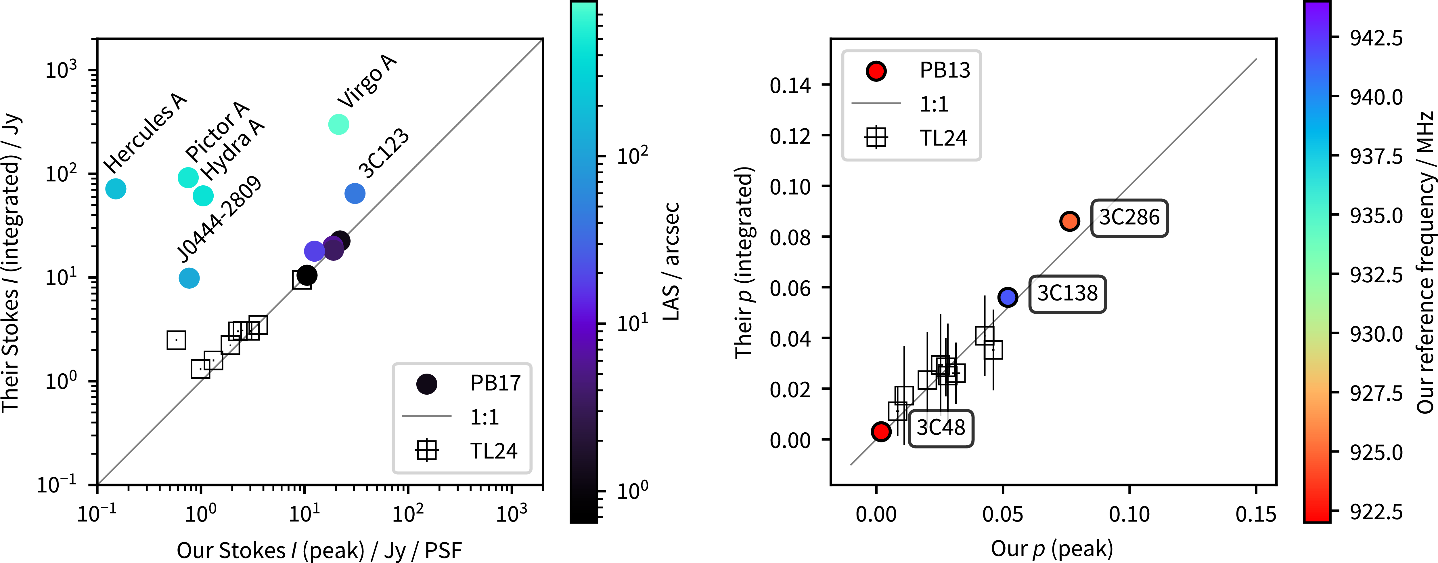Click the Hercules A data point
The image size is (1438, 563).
tap(116, 189)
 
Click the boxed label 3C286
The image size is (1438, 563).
tap(1129, 218)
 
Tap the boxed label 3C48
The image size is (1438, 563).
tap(941, 428)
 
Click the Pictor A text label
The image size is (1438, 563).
tap(217, 131)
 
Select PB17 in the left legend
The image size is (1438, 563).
tap(495, 383)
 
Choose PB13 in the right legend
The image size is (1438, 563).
tap(945, 70)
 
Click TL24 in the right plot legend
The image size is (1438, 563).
tap(943, 138)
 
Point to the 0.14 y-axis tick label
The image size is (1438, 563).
tap(790, 85)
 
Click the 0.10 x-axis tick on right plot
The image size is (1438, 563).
tap(1129, 514)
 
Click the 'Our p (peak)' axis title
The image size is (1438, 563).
tap(1052, 549)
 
